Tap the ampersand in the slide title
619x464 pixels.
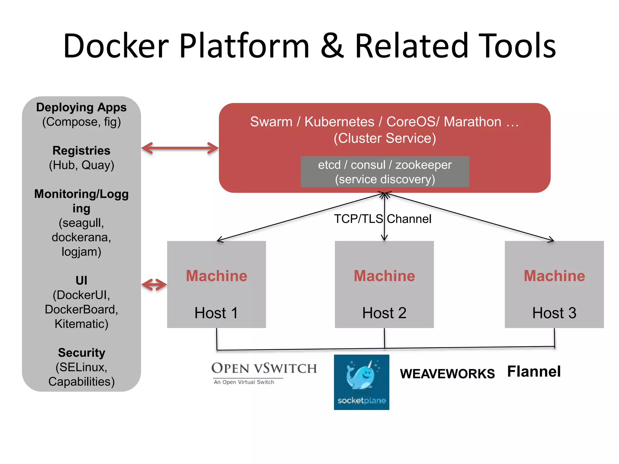332,46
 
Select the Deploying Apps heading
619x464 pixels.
81,107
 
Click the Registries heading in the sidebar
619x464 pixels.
81,150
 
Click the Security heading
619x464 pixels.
82,353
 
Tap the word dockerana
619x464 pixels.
81,237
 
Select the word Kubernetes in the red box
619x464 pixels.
339,122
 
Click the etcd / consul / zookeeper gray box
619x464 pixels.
385,172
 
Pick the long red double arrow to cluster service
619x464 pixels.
180,148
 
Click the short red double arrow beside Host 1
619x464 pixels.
154,285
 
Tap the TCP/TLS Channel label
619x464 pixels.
383,219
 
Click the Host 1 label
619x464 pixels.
216,313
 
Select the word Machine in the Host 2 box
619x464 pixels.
384,276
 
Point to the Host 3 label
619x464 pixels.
554,313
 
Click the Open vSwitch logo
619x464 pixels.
264,372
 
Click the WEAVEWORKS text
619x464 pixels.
447,374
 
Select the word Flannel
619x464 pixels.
534,371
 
